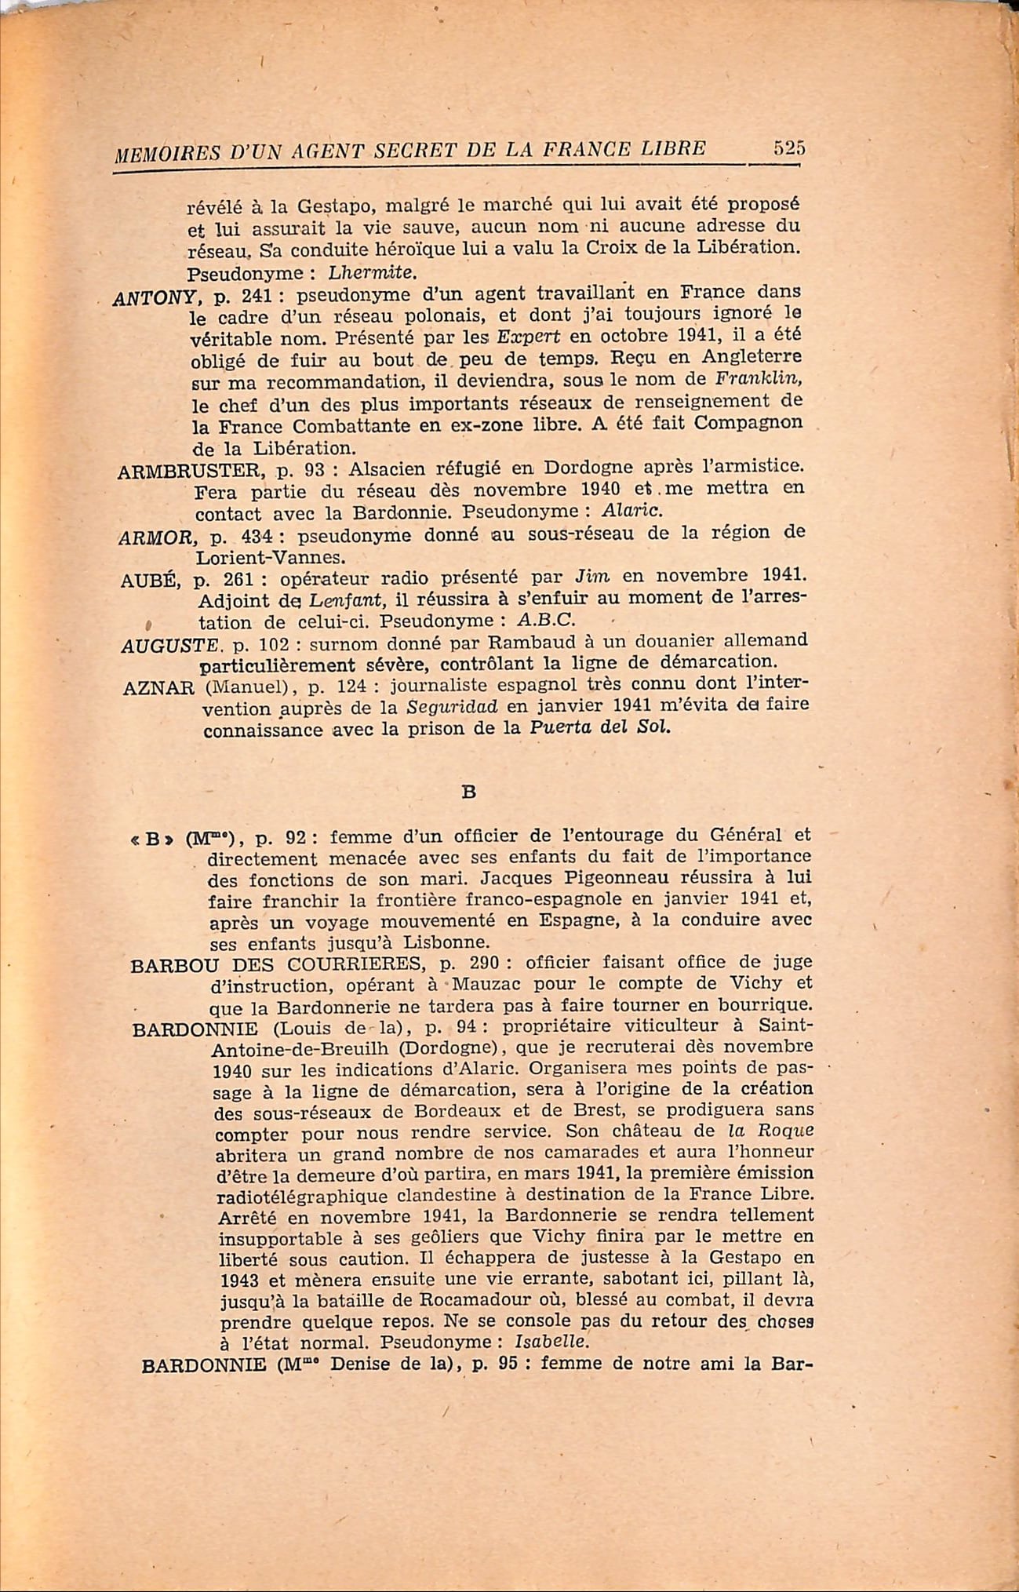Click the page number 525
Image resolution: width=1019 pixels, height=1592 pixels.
point(789,148)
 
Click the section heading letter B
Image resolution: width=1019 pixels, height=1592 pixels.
point(469,792)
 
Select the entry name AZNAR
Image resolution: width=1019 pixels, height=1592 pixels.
point(158,688)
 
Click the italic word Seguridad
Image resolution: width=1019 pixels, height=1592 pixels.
point(453,707)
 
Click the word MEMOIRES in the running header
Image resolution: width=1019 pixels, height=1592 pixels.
point(158,154)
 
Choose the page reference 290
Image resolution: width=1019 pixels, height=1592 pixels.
point(483,963)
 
